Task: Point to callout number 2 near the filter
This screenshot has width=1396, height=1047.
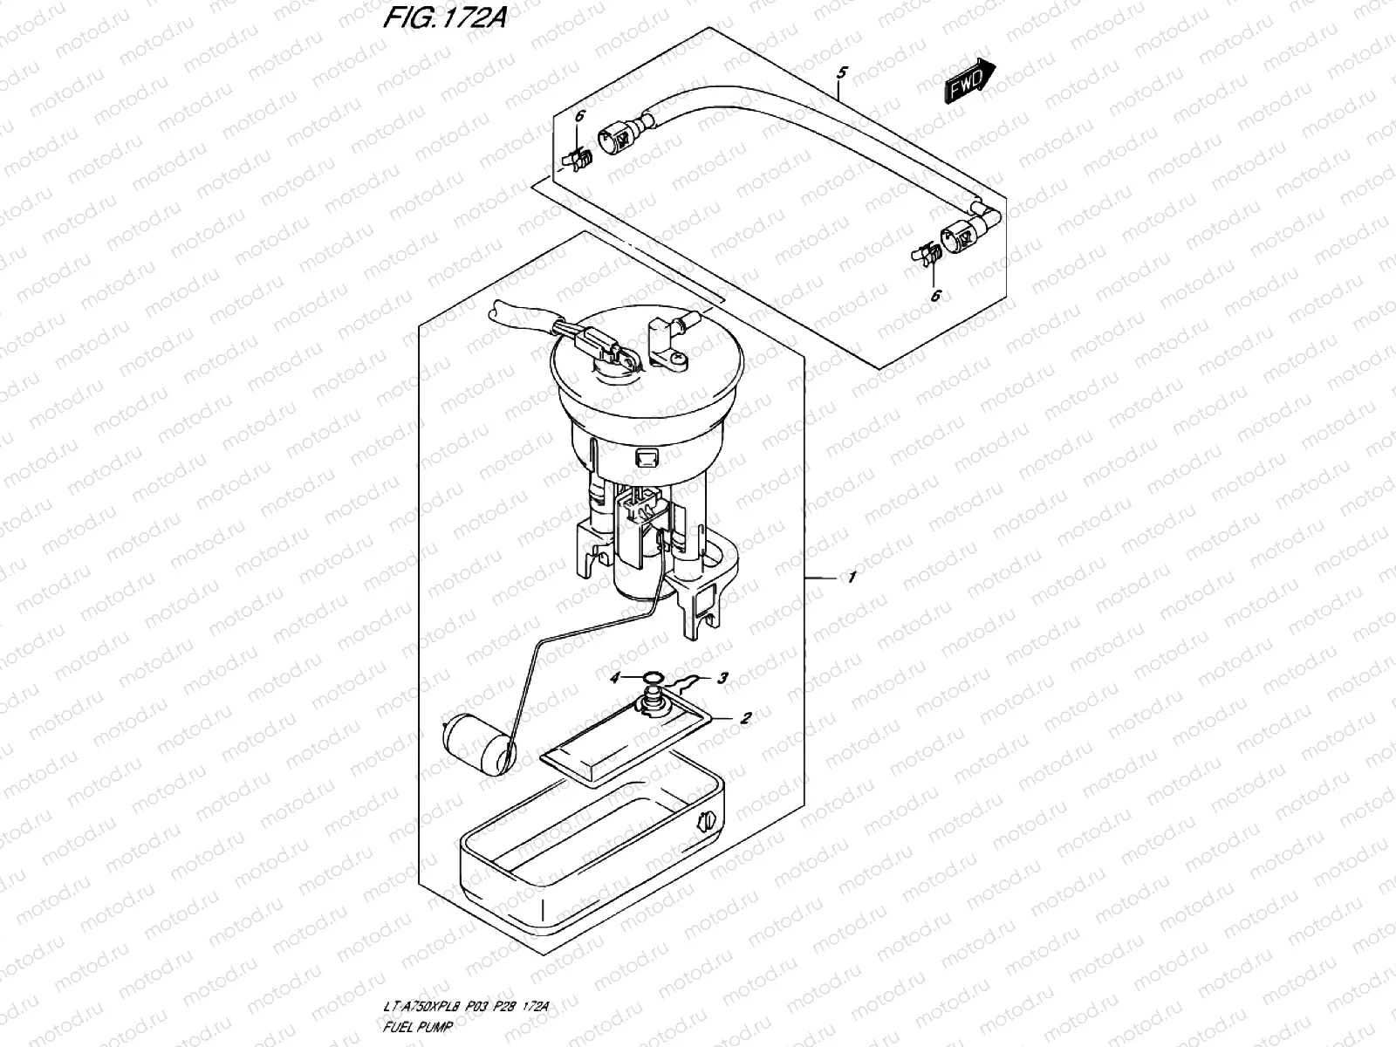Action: (x=745, y=719)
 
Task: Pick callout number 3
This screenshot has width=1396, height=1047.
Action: (x=722, y=678)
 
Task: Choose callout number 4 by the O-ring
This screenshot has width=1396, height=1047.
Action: (x=614, y=678)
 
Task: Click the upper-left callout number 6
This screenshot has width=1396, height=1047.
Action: (x=579, y=116)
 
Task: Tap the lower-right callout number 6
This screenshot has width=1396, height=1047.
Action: (x=934, y=297)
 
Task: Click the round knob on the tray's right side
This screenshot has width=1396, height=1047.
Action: (x=706, y=820)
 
